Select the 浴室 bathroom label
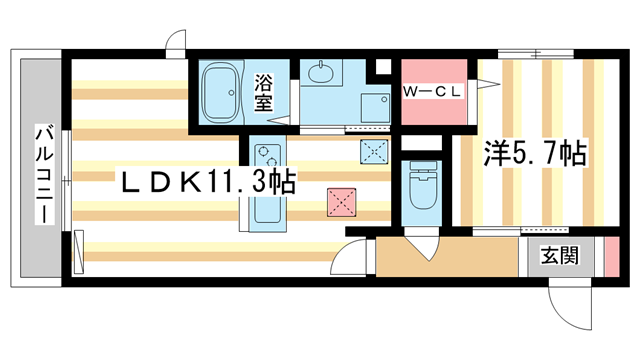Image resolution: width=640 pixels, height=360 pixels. click(x=265, y=90)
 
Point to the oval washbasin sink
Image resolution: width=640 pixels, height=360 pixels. click(x=321, y=72)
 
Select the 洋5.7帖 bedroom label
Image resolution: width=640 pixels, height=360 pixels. click(x=534, y=155)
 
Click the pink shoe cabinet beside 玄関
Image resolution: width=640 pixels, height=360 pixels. click(x=612, y=257)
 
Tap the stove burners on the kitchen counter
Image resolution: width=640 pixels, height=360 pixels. click(x=265, y=158)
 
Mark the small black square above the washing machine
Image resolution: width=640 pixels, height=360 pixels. click(x=381, y=69)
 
